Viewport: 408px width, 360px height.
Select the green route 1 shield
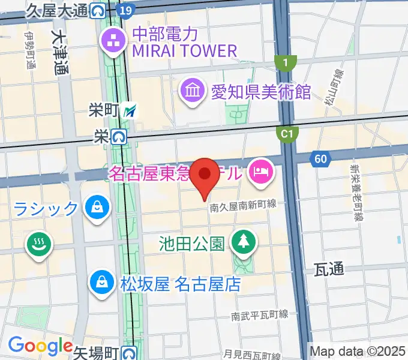coord(286,62)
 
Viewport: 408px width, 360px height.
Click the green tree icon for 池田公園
coord(244,242)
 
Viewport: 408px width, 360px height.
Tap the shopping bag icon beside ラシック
coord(96,208)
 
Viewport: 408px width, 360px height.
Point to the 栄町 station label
coord(104,110)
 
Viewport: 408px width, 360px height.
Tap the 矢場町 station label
coord(97,352)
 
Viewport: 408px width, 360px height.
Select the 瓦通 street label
coord(329,270)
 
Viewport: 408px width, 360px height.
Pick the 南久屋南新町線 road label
coord(243,205)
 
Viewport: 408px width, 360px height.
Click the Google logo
coord(40,346)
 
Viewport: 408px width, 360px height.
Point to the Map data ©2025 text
coord(358,351)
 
